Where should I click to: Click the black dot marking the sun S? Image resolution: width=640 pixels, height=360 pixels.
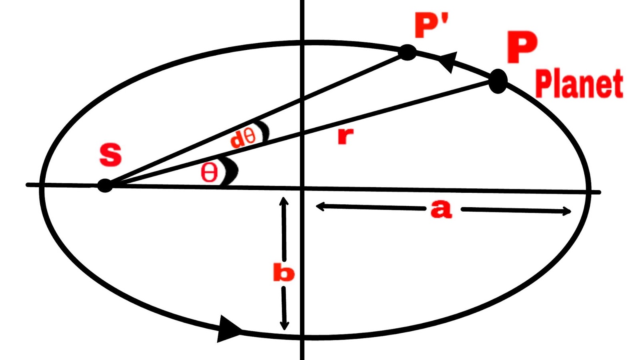[x=105, y=185]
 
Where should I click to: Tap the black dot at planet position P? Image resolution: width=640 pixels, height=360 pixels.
[x=498, y=81]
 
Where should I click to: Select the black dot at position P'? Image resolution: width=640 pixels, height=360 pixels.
[x=408, y=52]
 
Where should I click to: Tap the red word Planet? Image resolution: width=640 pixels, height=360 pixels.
[x=579, y=84]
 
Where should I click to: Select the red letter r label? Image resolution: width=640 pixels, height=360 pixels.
[x=345, y=136]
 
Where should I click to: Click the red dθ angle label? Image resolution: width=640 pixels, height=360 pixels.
[x=243, y=138]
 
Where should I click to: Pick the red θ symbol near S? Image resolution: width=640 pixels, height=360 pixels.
[x=209, y=173]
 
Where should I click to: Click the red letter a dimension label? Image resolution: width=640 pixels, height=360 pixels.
[x=441, y=209]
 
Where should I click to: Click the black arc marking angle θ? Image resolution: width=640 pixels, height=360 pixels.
[x=231, y=171]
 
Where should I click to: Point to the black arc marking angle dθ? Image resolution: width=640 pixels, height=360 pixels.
[x=263, y=131]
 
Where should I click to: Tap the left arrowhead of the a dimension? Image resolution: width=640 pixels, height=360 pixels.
[x=319, y=206]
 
